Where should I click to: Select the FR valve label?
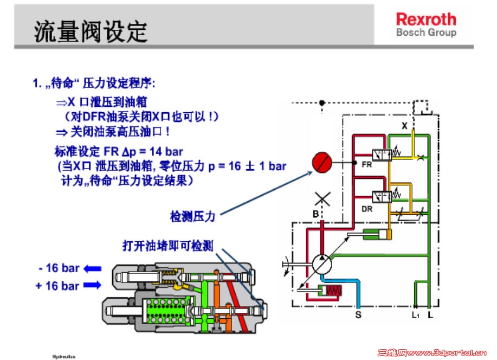click(x=367, y=165)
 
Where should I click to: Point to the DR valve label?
click(x=367, y=208)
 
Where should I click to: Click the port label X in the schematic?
click(x=404, y=126)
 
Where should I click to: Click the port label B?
click(x=315, y=214)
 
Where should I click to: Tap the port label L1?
click(x=415, y=314)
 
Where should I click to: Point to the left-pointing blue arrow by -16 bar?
click(x=93, y=268)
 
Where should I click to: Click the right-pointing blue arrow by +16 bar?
click(x=93, y=285)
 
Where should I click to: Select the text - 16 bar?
click(x=59, y=268)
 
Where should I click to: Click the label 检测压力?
click(x=193, y=216)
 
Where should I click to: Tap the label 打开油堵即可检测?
click(x=167, y=246)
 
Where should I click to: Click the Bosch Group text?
click(x=426, y=33)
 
